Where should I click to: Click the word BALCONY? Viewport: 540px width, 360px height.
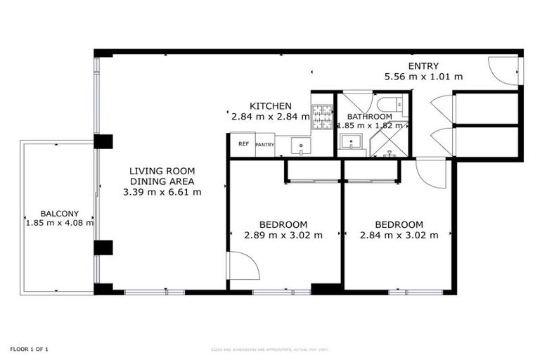[59, 214]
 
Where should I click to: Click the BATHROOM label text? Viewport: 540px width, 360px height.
[369, 117]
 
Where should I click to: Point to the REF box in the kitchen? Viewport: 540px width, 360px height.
[243, 144]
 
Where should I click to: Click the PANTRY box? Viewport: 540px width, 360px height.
[264, 145]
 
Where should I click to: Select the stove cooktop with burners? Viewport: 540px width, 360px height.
[322, 117]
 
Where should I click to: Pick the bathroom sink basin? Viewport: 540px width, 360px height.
[349, 143]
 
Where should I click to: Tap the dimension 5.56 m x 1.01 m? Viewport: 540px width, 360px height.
[423, 76]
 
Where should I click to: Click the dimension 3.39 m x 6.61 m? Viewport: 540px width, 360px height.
[162, 191]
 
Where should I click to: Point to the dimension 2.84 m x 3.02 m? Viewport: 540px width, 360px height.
[399, 235]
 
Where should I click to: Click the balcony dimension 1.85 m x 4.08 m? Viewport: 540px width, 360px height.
[59, 224]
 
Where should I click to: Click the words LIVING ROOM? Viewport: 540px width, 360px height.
[162, 171]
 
